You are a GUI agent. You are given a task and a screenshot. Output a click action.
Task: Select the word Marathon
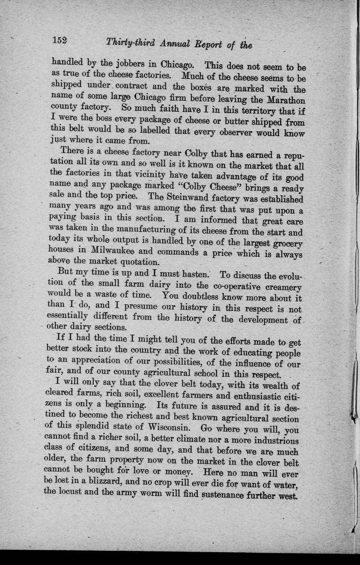(286, 100)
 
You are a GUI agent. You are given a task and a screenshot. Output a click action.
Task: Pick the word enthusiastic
(256, 396)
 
